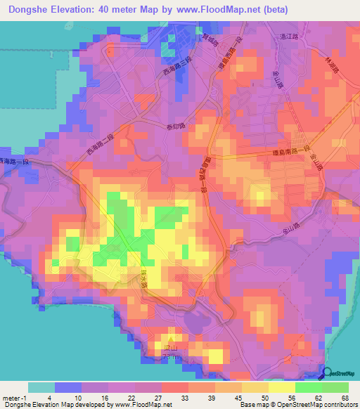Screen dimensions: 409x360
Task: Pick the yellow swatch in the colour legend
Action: (282, 387)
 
